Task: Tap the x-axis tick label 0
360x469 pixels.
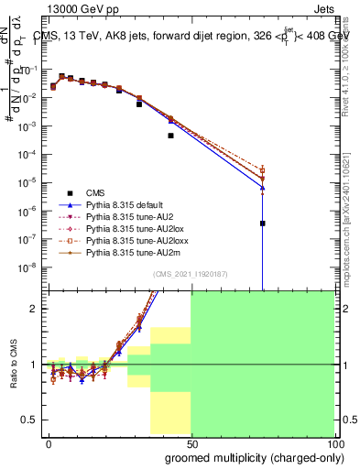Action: pos(48,443)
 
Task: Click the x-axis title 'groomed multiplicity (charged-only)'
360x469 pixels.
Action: pos(242,458)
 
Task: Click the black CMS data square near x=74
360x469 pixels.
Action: pos(262,224)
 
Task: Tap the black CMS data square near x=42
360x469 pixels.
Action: pos(170,136)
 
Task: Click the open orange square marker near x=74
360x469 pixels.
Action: pos(262,170)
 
